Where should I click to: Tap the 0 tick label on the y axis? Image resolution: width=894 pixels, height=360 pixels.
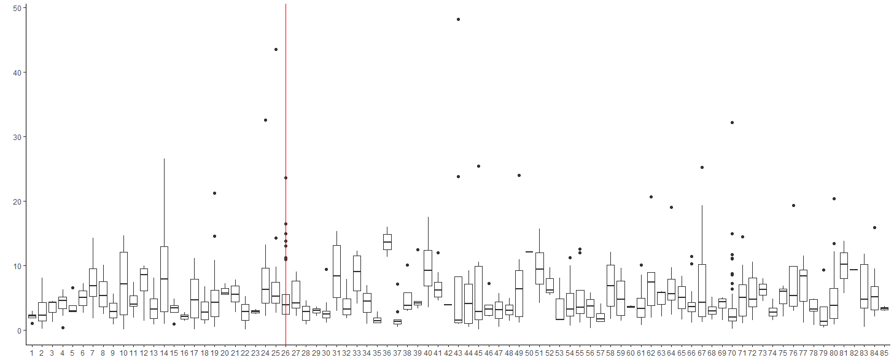click(x=18, y=331)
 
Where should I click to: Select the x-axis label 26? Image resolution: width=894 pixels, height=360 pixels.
click(x=286, y=354)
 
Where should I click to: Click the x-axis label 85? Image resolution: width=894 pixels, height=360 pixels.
click(x=884, y=354)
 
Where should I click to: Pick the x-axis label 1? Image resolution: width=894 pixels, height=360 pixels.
click(x=32, y=354)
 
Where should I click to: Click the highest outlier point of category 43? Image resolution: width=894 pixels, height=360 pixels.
click(x=458, y=20)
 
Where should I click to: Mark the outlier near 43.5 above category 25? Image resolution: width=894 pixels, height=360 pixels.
click(x=276, y=49)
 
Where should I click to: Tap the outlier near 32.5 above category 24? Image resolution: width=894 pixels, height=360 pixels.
click(x=265, y=120)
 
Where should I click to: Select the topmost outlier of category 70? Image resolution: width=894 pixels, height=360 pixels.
click(x=732, y=123)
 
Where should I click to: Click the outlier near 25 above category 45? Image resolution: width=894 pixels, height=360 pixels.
click(x=478, y=166)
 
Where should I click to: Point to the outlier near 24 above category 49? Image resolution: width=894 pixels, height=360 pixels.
click(x=519, y=175)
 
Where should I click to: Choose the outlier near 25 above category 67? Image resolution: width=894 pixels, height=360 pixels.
click(x=702, y=167)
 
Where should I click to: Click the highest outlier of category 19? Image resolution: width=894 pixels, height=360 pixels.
click(x=215, y=193)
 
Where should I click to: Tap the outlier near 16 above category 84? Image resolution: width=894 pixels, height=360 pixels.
click(x=874, y=227)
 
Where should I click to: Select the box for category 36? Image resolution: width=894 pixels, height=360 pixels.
click(x=387, y=241)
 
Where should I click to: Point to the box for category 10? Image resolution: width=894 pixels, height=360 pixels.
click(x=123, y=283)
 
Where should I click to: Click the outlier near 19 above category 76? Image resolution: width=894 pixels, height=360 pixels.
click(x=793, y=205)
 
